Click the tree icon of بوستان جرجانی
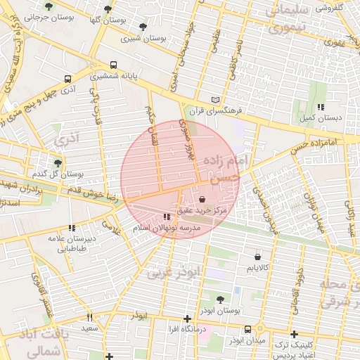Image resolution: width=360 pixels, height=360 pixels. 49,7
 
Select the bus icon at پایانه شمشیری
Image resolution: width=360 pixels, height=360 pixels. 115,63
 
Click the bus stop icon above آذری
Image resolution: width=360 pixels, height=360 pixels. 67,79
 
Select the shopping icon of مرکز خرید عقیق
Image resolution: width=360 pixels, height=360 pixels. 202,199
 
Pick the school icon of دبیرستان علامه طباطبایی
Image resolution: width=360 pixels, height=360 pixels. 71,228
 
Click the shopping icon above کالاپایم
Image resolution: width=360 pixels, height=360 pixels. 257,257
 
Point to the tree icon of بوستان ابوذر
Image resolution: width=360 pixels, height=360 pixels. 220,299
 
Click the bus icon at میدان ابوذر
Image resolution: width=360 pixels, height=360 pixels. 247,329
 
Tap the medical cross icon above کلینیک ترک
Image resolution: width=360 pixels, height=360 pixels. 294,334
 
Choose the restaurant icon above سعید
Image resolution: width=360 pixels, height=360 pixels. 89,317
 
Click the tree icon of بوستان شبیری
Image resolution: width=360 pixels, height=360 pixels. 143,27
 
